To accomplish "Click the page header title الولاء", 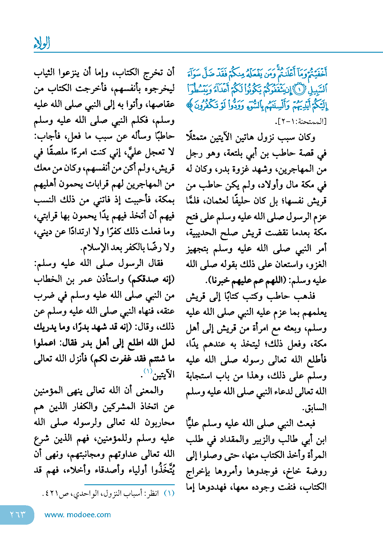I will pos(42,43).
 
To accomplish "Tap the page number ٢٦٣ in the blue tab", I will pos(18,514).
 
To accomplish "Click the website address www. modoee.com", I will pos(78,515).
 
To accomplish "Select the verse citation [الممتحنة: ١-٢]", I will pos(300,122).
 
